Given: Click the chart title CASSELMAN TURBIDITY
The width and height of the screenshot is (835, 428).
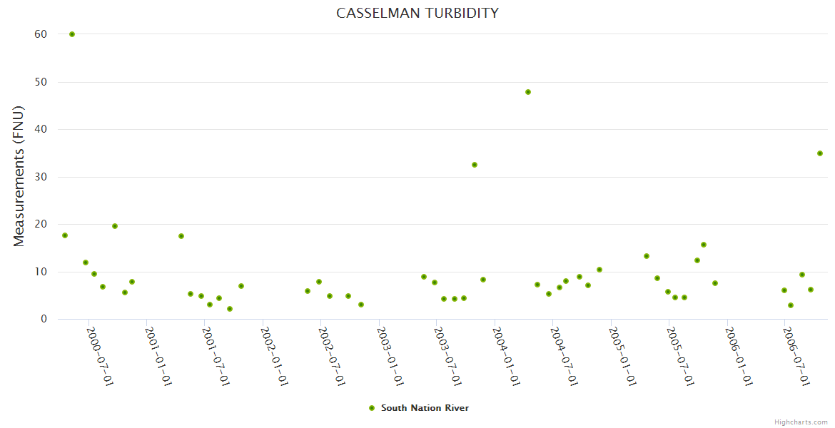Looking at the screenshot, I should (x=417, y=13).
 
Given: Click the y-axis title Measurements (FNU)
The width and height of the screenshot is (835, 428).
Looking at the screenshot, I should (x=19, y=176).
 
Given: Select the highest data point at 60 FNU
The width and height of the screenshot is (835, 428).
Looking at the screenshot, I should (x=72, y=34).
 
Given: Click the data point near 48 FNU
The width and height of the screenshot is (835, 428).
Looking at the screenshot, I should (x=528, y=92).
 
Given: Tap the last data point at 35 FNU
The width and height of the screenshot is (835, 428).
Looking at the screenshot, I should (x=820, y=153).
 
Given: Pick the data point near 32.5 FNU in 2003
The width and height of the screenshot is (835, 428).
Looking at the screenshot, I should (x=475, y=165).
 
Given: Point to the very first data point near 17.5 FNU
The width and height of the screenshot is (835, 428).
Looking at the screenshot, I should (x=65, y=235).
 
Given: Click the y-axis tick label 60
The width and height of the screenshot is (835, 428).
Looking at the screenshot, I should (x=40, y=34).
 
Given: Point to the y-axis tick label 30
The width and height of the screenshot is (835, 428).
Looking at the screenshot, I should (x=40, y=177).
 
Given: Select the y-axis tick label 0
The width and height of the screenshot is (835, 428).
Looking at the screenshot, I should (x=44, y=319).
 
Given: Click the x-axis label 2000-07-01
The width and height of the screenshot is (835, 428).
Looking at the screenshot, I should (x=101, y=357).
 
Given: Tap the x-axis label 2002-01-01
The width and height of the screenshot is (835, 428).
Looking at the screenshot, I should (x=275, y=357).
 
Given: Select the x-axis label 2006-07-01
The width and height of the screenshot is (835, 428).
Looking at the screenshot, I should (x=796, y=357).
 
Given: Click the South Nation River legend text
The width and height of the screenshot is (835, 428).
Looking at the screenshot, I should (x=425, y=408).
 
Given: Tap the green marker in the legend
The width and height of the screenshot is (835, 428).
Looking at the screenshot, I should (x=371, y=408).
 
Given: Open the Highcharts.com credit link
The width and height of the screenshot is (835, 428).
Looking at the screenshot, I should (x=801, y=422).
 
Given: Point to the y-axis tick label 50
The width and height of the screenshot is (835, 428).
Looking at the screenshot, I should (x=40, y=82).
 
